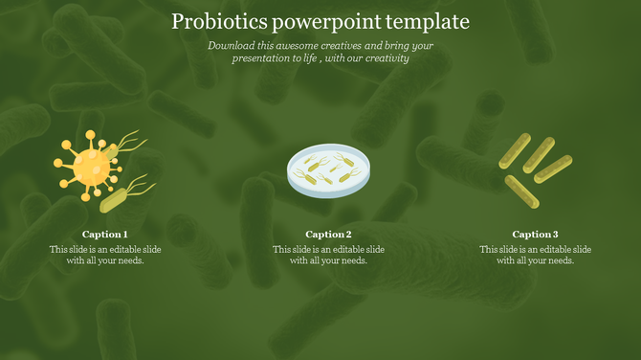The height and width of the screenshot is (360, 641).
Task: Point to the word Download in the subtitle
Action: coord(231,45)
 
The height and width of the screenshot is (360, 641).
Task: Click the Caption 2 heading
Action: coord(328,235)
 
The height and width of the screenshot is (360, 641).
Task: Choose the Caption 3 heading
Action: coord(535,235)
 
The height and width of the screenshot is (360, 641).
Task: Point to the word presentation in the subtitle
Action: coord(263,58)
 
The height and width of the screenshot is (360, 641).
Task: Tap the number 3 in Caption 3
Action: coord(555,235)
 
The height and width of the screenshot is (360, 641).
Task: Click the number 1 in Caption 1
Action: coord(124,235)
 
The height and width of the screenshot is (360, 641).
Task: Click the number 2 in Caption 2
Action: coord(348,235)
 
